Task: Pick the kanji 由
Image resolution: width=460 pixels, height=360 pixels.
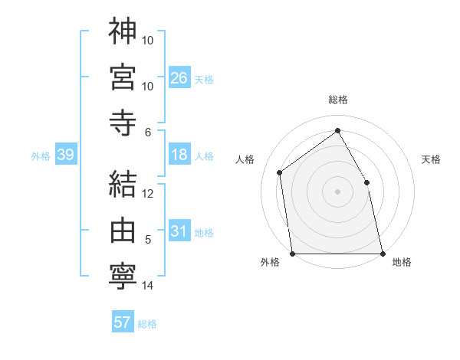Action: coord(123,229)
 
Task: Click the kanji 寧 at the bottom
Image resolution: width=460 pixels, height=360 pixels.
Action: coord(123,275)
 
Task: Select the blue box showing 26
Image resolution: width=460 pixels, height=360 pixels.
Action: coord(179,77)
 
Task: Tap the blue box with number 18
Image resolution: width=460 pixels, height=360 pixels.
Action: coord(179,155)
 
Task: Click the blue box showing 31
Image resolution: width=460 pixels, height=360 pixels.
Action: coord(179,231)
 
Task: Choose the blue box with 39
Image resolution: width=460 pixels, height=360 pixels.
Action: coord(65,155)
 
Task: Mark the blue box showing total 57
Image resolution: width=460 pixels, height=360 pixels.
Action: coord(123,322)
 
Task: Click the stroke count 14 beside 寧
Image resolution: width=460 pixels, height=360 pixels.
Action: coord(147,286)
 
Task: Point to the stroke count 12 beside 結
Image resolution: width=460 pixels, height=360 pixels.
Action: coord(147,193)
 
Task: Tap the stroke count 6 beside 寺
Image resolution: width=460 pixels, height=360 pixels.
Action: coord(147,132)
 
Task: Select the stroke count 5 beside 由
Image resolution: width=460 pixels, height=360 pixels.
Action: coord(147,240)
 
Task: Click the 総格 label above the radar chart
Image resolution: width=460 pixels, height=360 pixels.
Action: coord(337,100)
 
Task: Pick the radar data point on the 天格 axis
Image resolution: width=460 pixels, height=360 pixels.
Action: coord(366,182)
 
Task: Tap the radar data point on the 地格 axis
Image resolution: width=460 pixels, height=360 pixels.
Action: coord(382,253)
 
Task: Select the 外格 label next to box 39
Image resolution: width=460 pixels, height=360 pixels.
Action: coord(41,155)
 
